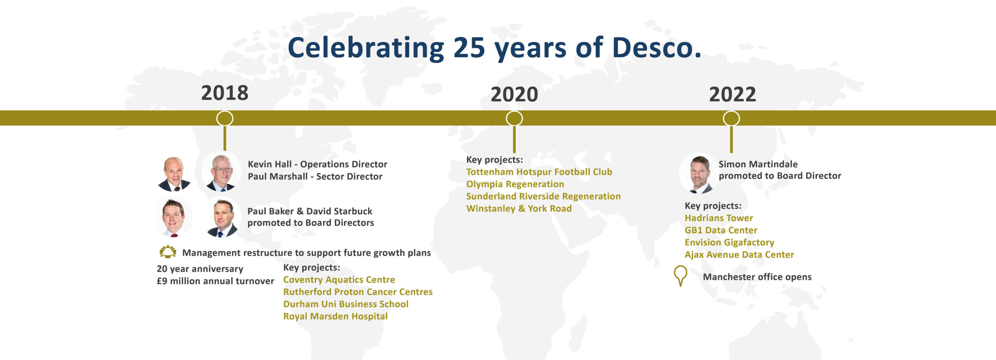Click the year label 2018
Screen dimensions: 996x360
click(224, 93)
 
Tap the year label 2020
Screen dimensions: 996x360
click(514, 95)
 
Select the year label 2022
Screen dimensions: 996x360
click(732, 95)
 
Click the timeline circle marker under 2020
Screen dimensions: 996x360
click(514, 118)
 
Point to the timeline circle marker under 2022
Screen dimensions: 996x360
click(731, 118)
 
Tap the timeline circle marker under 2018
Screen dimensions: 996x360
click(224, 118)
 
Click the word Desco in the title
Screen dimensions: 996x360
click(656, 48)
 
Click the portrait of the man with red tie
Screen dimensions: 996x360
click(173, 217)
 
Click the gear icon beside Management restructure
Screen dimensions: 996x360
click(168, 252)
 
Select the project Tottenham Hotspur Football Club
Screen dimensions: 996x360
click(539, 172)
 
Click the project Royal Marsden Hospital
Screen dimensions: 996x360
click(335, 316)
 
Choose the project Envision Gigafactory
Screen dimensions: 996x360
click(729, 242)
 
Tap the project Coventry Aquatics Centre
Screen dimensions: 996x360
click(339, 280)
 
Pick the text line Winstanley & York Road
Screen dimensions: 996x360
click(519, 209)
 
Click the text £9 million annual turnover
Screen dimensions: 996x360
click(215, 281)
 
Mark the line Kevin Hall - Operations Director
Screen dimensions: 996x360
click(317, 164)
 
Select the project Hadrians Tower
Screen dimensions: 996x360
click(719, 218)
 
